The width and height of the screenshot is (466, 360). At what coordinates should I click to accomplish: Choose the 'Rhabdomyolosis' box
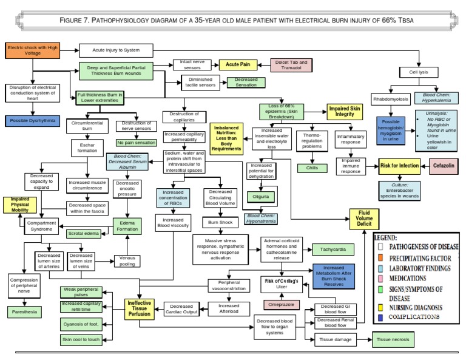pyautogui.click(x=390, y=97)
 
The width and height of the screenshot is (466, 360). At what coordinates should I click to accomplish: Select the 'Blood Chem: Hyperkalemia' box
pyautogui.click(x=441, y=97)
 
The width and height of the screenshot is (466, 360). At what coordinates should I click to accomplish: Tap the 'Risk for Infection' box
pyautogui.click(x=399, y=165)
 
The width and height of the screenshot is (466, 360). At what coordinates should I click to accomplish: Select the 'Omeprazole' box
pyautogui.click(x=282, y=304)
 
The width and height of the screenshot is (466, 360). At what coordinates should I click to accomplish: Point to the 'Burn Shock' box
pyautogui.click(x=220, y=222)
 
